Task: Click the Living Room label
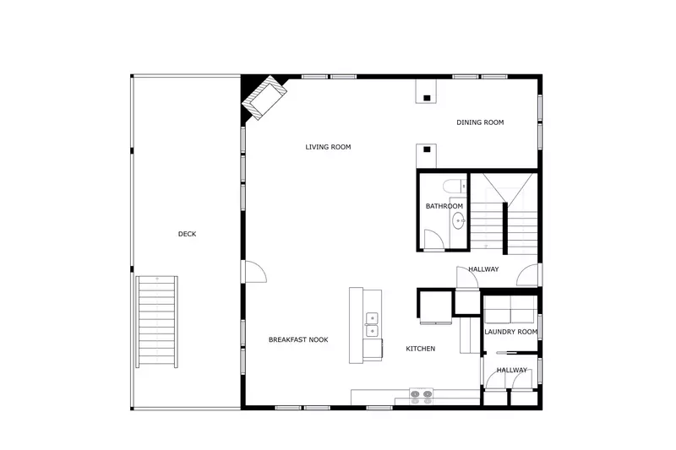pos(328,147)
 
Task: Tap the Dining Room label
pos(480,122)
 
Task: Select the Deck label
pos(187,234)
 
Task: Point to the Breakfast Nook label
pos(298,339)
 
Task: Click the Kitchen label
pos(420,349)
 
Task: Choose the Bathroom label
pos(444,206)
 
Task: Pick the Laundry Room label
pos(510,332)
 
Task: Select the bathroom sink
pos(458,221)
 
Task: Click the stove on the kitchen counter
pos(421,393)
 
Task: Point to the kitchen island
pos(365,325)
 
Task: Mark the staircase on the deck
pos(157,321)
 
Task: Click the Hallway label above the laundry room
pos(483,269)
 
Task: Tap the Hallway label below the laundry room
pos(511,370)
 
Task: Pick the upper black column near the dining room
pos(427,99)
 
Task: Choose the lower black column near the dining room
pos(427,150)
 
